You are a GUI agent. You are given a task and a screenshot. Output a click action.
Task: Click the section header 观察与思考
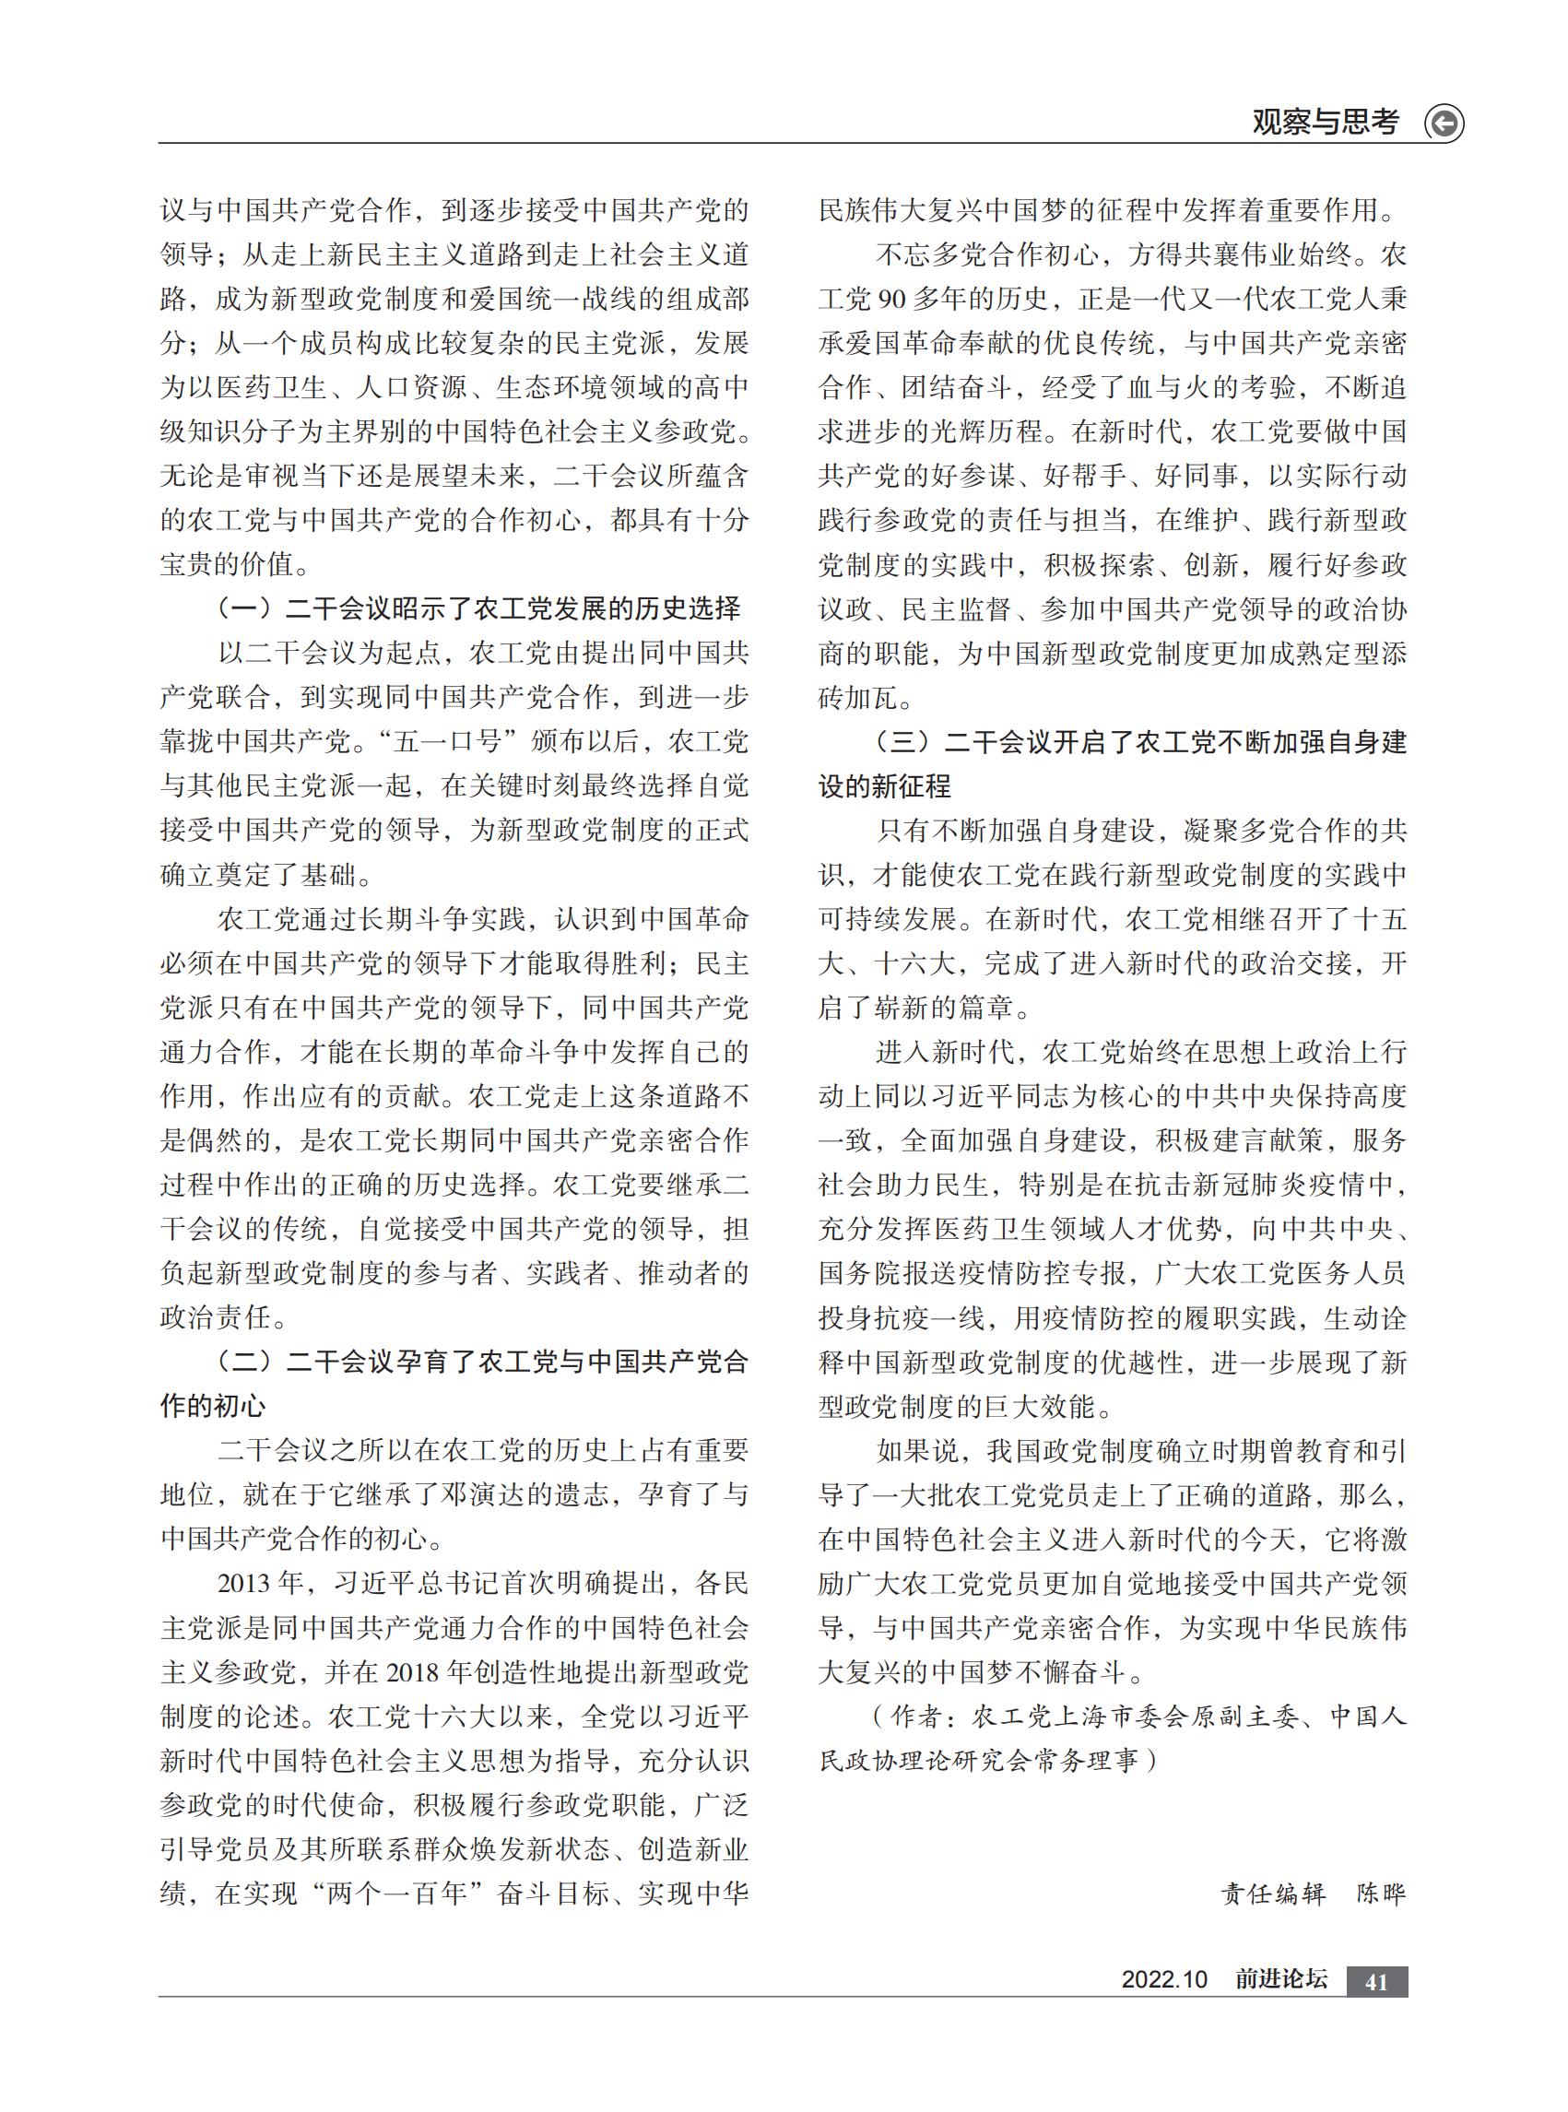click(1325, 123)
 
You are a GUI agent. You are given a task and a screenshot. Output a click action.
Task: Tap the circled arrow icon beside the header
click(1444, 124)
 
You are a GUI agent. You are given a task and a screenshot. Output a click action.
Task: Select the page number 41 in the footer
click(1376, 1982)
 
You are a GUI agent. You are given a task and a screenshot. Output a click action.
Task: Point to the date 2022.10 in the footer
click(1163, 1979)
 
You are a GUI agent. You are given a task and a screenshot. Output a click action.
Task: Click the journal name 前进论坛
click(1280, 1979)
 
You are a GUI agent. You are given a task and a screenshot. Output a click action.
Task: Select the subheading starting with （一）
click(480, 608)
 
